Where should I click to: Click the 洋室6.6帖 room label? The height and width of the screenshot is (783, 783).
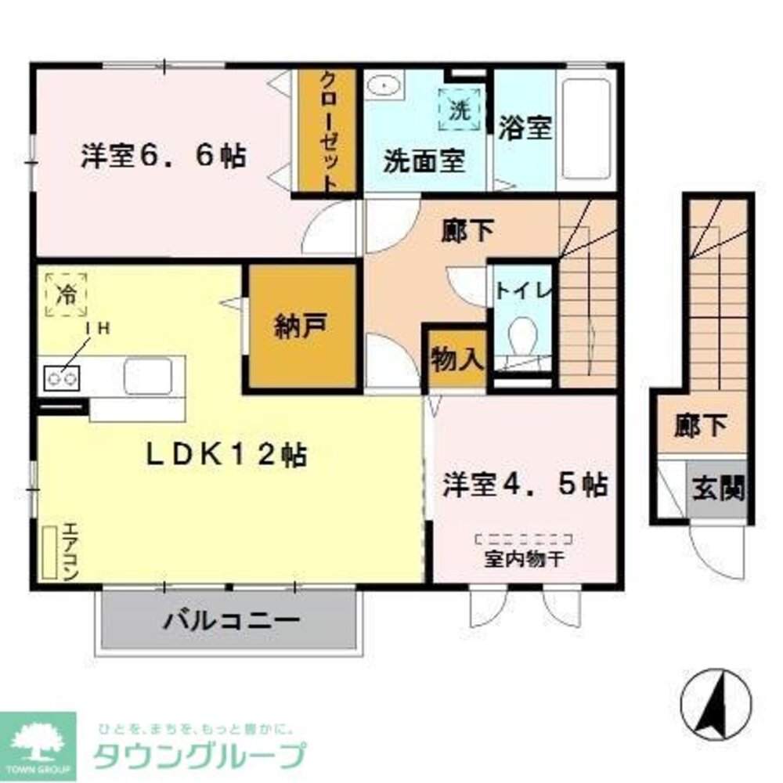click(x=163, y=157)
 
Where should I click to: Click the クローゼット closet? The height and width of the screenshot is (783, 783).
click(x=328, y=131)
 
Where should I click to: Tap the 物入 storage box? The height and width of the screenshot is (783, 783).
click(x=456, y=359)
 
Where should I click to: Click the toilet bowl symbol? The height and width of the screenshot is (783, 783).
click(x=521, y=339)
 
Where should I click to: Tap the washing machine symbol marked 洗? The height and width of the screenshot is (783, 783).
click(x=459, y=110)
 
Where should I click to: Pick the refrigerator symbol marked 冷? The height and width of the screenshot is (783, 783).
click(x=67, y=295)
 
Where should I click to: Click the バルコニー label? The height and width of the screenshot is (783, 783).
click(x=232, y=622)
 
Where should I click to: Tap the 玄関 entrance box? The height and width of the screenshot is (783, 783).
click(x=717, y=490)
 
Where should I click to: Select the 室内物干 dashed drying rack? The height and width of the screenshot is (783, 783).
click(x=525, y=539)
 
